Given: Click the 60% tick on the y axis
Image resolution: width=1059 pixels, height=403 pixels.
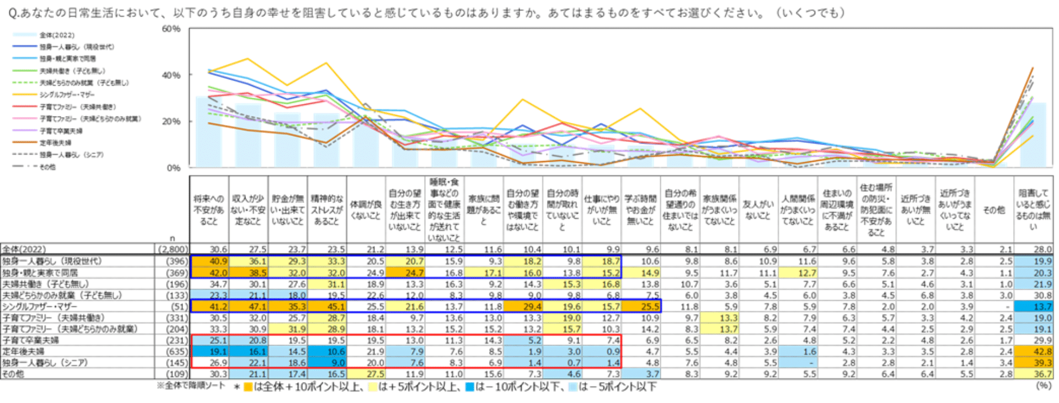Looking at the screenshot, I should [171, 29].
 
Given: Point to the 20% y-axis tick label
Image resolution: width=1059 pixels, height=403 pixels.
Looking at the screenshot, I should [171, 121].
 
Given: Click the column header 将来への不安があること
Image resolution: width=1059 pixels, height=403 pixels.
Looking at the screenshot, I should [209, 210].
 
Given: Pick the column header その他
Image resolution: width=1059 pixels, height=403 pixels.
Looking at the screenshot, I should [994, 210].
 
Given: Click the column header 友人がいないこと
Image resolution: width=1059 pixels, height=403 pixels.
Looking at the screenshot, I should [758, 210].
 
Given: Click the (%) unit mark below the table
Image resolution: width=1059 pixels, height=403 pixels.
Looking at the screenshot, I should [1043, 385].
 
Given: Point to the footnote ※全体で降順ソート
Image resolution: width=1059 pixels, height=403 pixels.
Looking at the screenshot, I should [191, 385].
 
